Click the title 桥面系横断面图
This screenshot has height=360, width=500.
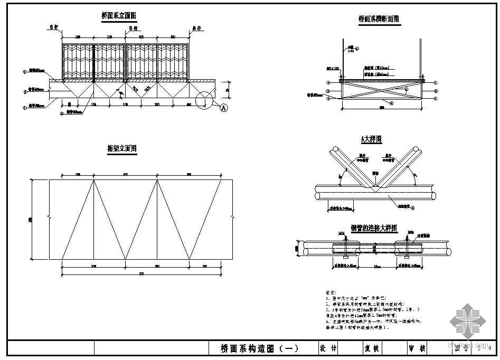379,19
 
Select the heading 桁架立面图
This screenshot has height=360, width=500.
122,149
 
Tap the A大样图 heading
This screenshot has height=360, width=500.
371,139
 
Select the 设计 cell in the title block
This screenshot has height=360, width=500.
328,348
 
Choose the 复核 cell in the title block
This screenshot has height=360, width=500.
372,348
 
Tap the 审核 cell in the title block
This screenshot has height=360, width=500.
417,348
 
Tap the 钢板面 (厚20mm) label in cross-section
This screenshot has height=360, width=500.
378,68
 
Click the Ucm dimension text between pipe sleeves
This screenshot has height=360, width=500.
378,266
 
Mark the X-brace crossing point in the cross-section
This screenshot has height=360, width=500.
382,91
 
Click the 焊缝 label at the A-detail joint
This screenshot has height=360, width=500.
375,173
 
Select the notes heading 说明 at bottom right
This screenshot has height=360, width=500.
332,292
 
